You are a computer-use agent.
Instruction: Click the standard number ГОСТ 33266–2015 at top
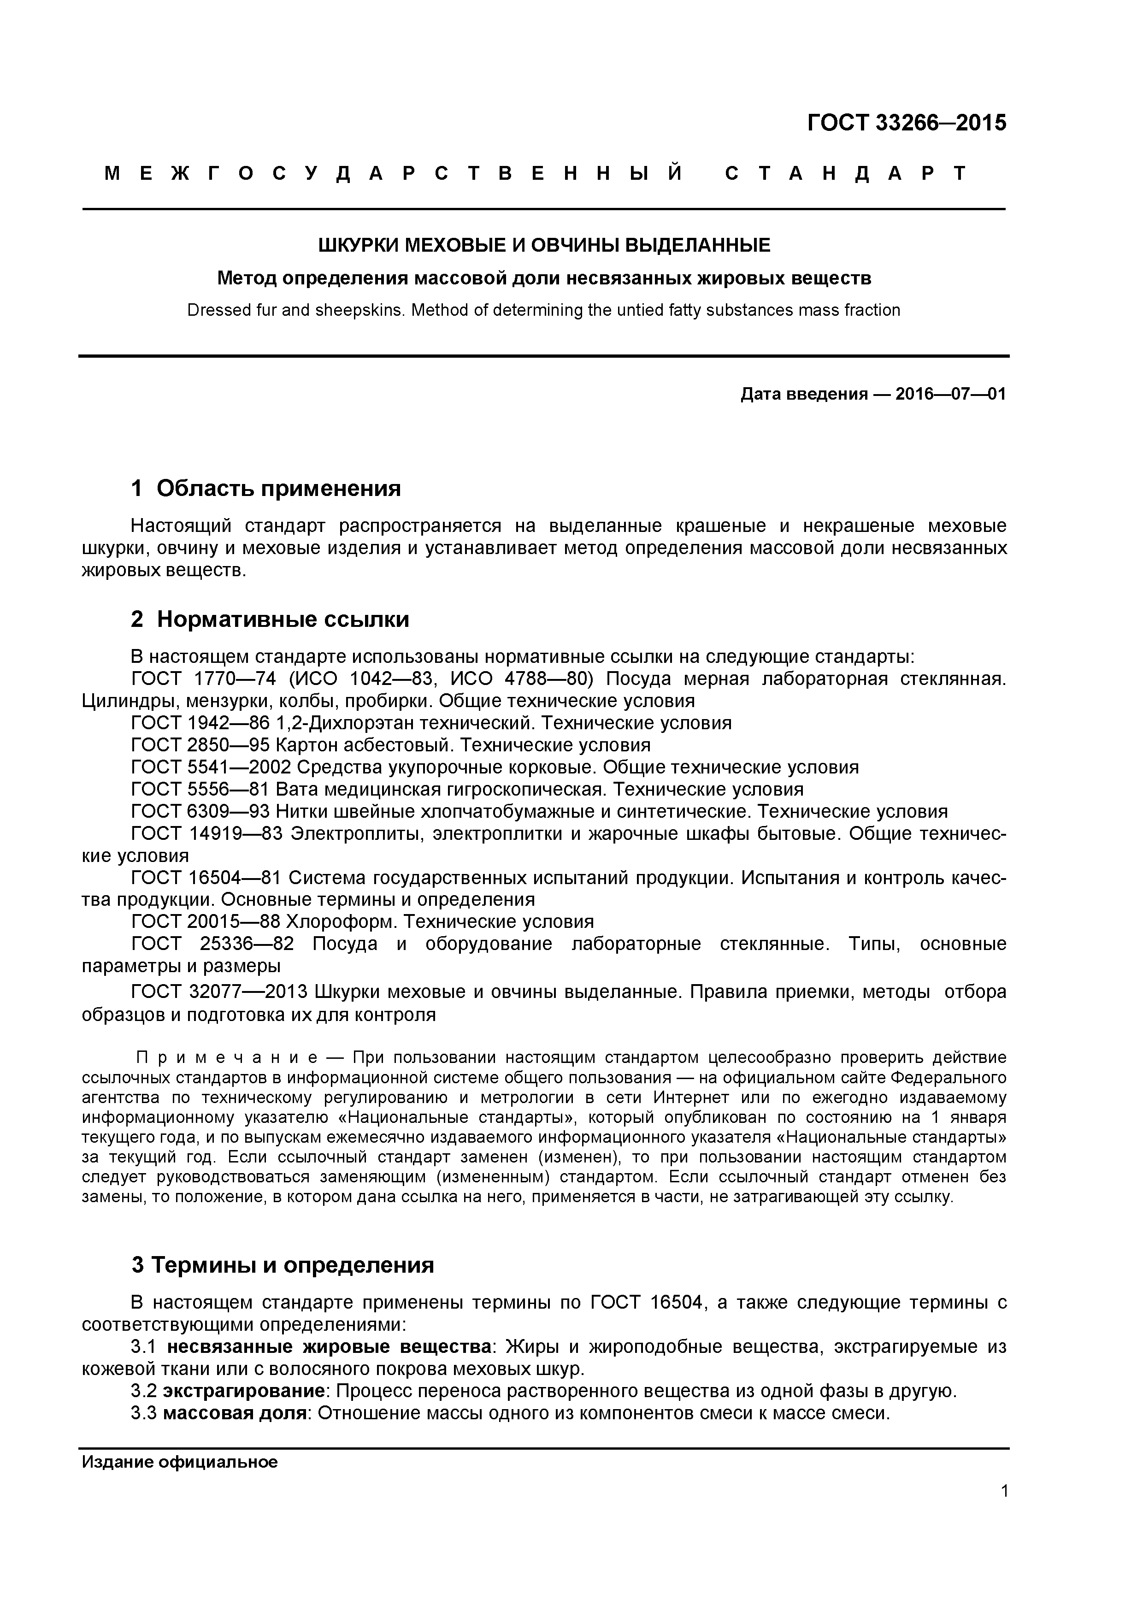point(907,123)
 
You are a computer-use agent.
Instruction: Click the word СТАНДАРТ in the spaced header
point(846,174)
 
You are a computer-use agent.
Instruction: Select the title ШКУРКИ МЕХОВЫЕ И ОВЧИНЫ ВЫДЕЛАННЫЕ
point(544,245)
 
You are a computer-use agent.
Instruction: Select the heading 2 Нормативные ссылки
point(270,619)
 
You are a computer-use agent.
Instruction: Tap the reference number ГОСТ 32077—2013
point(220,992)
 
